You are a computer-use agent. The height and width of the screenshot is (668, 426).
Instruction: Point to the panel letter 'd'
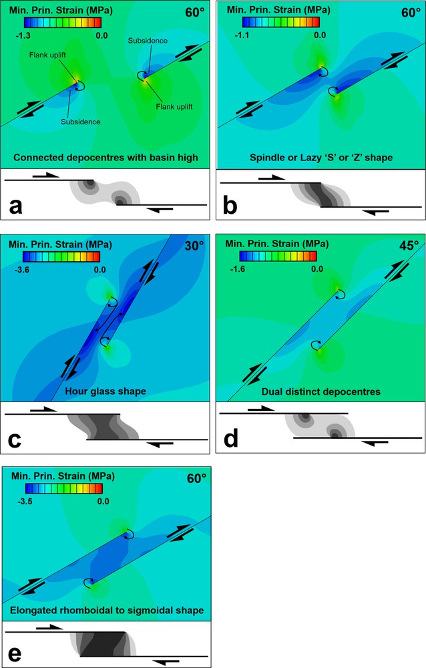[x=230, y=441]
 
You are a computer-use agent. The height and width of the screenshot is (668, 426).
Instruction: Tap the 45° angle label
[x=407, y=246]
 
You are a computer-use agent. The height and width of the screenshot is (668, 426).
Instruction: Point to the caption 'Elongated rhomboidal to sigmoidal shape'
[x=107, y=610]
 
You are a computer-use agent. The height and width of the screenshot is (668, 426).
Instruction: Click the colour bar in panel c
[x=61, y=257]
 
